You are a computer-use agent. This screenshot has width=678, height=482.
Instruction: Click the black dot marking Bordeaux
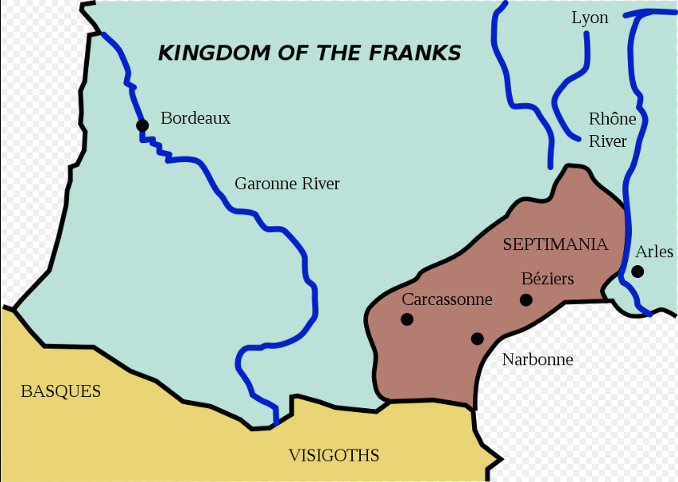point(142,125)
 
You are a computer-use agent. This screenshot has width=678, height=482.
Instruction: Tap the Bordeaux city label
point(196,118)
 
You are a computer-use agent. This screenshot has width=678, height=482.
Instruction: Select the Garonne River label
point(287,183)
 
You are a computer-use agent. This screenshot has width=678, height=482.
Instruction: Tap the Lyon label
point(590,17)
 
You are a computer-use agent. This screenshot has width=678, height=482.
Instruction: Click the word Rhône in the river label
point(612,119)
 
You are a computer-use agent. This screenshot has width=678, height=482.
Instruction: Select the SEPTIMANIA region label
point(556,245)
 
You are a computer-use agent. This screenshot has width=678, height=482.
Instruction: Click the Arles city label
point(654,252)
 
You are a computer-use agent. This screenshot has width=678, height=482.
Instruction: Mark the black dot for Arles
point(637,271)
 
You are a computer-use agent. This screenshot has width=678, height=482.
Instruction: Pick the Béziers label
point(548,279)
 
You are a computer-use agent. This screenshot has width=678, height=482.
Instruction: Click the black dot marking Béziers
point(525,299)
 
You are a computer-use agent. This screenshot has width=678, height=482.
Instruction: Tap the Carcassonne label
point(447,299)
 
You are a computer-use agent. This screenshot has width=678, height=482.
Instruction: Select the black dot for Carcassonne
point(407,319)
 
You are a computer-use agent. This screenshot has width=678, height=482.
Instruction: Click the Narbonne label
point(537,360)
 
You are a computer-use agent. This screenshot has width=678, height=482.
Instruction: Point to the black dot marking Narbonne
point(477,338)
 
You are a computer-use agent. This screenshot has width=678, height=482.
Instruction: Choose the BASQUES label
point(60,391)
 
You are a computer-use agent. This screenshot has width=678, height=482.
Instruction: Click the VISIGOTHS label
point(334,456)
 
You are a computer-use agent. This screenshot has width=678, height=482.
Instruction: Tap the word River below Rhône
point(607,141)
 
